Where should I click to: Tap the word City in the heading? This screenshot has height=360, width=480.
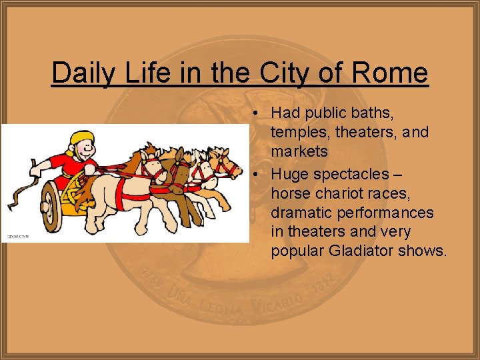(x=282, y=72)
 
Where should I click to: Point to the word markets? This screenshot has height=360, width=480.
(x=299, y=151)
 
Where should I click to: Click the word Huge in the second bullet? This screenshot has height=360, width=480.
(x=291, y=174)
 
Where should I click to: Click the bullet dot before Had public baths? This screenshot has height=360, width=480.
(x=256, y=113)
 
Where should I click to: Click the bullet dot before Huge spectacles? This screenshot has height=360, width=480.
(x=256, y=174)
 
